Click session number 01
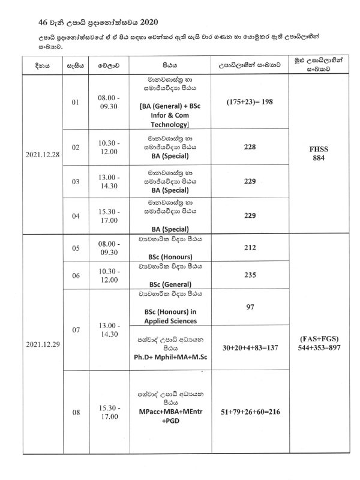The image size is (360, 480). [x=75, y=103]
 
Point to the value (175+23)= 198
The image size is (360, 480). [x=251, y=101]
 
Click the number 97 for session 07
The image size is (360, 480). [x=251, y=307]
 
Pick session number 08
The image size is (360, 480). [x=75, y=413]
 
